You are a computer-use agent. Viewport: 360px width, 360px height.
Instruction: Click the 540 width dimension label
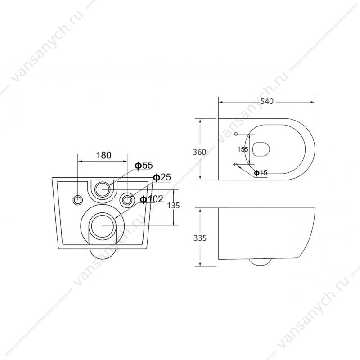pos(267,101)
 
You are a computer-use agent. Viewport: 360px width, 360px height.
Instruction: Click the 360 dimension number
pos(199,152)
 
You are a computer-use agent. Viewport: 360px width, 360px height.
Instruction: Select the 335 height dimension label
pos(200,238)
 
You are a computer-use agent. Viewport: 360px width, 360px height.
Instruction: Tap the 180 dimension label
pos(103,155)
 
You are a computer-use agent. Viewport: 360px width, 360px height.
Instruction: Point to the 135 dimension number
pos(173,206)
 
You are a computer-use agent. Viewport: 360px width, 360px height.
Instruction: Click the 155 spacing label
pos(243,149)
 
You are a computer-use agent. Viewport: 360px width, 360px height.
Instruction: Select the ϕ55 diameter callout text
pos(144,165)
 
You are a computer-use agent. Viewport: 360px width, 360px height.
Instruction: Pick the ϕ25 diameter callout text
pos(162,177)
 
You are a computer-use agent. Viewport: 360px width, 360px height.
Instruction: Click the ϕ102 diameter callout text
pos(152,199)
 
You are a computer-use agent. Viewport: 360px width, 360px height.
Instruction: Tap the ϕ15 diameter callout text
pos(261,173)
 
